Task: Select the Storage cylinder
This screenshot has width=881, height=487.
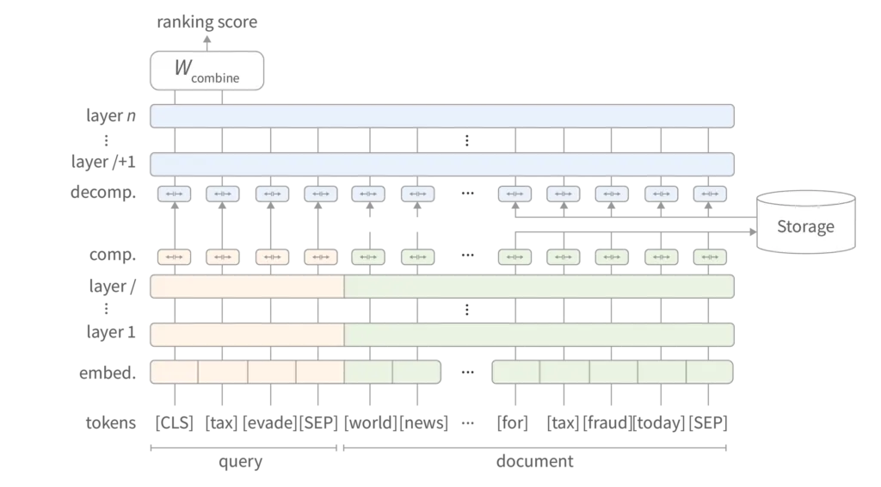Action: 805,223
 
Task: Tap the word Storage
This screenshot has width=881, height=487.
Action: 805,227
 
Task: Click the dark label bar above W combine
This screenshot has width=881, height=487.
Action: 206,24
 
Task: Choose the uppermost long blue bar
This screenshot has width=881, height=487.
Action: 442,116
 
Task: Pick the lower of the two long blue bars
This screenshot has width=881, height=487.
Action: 442,164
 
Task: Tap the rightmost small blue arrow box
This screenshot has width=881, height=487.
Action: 710,194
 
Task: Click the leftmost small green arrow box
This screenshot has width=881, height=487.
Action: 368,256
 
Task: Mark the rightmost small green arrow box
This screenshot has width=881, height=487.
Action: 710,256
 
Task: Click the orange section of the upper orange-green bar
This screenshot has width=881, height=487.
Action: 248,287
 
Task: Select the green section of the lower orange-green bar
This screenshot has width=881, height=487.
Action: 539,335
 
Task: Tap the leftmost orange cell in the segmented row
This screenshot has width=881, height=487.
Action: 175,372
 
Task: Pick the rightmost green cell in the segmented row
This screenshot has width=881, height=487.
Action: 710,372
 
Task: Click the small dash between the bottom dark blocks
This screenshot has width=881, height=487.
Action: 468,423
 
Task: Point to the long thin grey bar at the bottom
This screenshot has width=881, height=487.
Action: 437,447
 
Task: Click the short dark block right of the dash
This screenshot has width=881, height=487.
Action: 513,423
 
